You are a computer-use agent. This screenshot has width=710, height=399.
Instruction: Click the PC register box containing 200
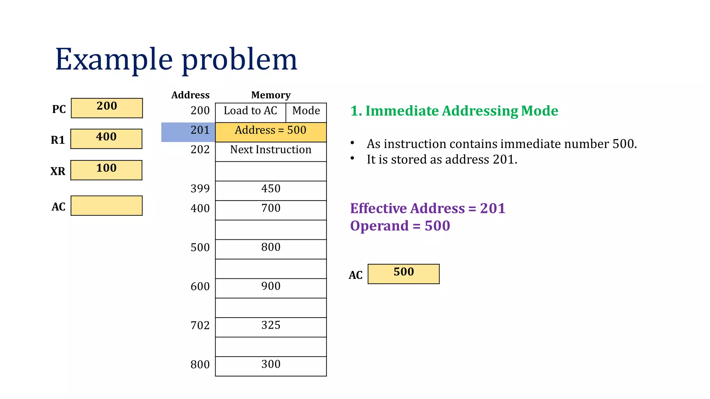pos(107,108)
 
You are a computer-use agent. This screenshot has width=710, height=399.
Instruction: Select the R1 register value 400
pos(106,139)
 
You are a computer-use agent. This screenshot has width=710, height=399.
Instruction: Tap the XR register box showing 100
pos(106,170)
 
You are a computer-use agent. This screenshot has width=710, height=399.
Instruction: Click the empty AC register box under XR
pos(106,206)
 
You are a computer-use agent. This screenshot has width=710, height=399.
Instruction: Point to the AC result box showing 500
pos(404,274)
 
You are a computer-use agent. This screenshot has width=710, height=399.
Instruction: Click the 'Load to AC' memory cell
pos(250,112)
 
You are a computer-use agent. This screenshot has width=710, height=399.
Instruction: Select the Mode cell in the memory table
pos(306,112)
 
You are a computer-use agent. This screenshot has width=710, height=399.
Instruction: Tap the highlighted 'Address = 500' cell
pos(271,132)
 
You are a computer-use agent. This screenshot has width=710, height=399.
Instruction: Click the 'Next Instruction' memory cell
pos(271,151)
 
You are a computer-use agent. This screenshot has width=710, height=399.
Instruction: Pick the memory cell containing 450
pos(271,190)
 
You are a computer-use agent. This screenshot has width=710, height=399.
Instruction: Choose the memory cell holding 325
pos(271,327)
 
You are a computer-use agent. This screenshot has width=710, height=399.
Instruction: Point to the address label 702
pos(200,326)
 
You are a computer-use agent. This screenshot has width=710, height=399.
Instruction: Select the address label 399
pos(200,189)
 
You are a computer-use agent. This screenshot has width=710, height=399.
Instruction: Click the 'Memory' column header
pos(271,95)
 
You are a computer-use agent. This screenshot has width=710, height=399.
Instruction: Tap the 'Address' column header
pos(190,95)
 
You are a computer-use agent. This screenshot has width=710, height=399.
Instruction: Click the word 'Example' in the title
pos(114,60)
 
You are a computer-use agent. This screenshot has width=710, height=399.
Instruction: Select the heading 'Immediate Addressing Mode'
pos(461,111)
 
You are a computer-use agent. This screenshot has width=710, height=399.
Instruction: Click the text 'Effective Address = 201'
pos(427,209)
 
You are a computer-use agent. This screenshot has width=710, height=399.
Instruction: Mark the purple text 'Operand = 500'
pos(400,226)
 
